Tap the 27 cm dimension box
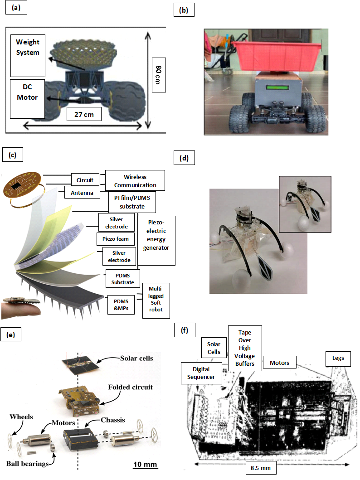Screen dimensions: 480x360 (x=83, y=114)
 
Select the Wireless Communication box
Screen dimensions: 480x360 (x=135, y=180)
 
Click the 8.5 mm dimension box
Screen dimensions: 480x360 (x=263, y=468)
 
